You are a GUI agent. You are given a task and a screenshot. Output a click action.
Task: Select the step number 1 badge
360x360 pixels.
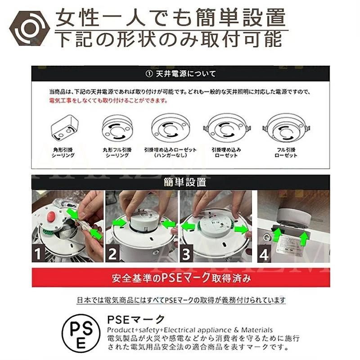[x=39, y=254]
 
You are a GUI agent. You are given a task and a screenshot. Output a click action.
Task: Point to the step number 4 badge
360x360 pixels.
[x=264, y=255]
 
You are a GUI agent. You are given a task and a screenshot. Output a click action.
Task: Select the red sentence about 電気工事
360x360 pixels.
[x=108, y=101]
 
